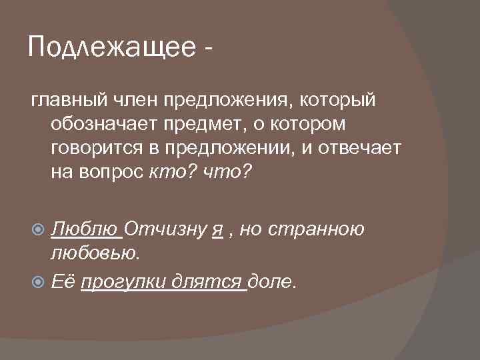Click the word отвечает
tap(357, 149)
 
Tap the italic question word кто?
tap(169, 173)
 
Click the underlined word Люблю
tap(85, 230)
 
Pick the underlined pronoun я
tap(217, 230)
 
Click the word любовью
tap(95, 254)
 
